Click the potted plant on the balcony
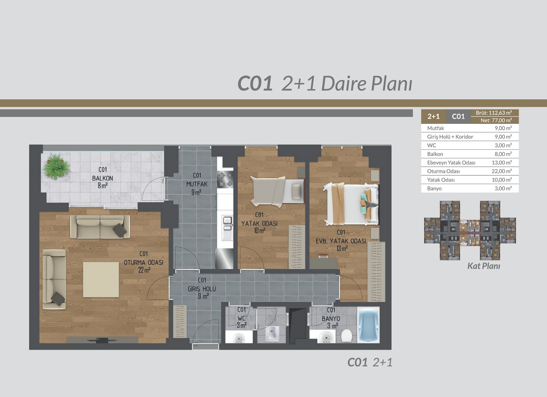tap(56, 167)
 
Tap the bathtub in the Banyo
tap(368, 325)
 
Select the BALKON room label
tap(102, 178)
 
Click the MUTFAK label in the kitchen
tap(197, 184)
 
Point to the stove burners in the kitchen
tap(225, 179)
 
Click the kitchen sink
tap(227, 228)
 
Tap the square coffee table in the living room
tap(101, 279)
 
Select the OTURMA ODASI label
tap(144, 262)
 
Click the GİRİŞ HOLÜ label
tap(202, 289)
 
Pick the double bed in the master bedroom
tap(351, 204)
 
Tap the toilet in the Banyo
tap(346, 336)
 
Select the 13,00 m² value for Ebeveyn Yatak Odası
tap(502, 162)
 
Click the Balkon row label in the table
tap(435, 154)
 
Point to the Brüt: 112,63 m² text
tap(494, 113)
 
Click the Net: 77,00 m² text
tap(496, 120)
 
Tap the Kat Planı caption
tap(484, 266)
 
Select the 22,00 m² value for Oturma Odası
tap(502, 171)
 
